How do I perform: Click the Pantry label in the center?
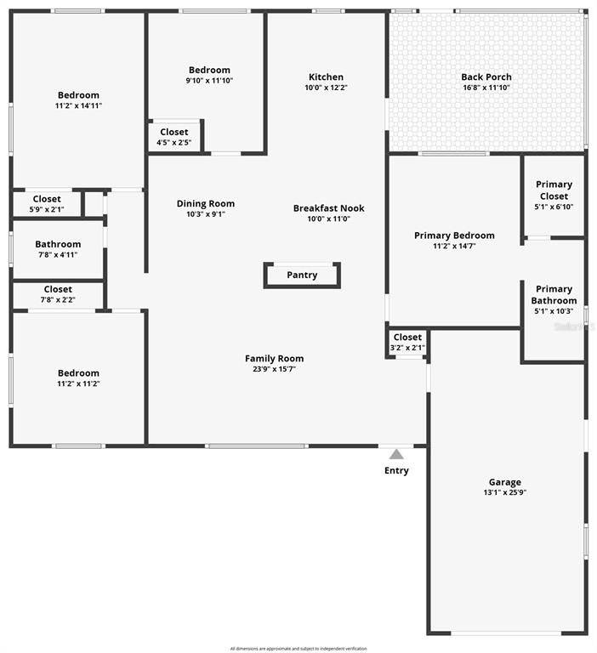pos(302,275)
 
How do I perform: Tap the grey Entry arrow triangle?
pos(396,454)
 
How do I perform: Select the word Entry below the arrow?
pos(396,471)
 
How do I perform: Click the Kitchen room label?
pos(326,77)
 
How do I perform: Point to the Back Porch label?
pos(486,77)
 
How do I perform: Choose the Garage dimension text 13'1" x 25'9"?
pos(505,493)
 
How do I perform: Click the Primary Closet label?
pos(554,190)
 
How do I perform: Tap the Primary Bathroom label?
pos(554,294)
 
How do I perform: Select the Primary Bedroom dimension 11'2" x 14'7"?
pos(454,247)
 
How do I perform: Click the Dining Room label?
pos(206,203)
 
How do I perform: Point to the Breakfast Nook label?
pos(328,208)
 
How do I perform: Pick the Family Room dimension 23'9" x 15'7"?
pos(274,369)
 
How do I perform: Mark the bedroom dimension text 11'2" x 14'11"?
pos(78,106)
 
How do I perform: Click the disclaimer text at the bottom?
pos(298,649)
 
